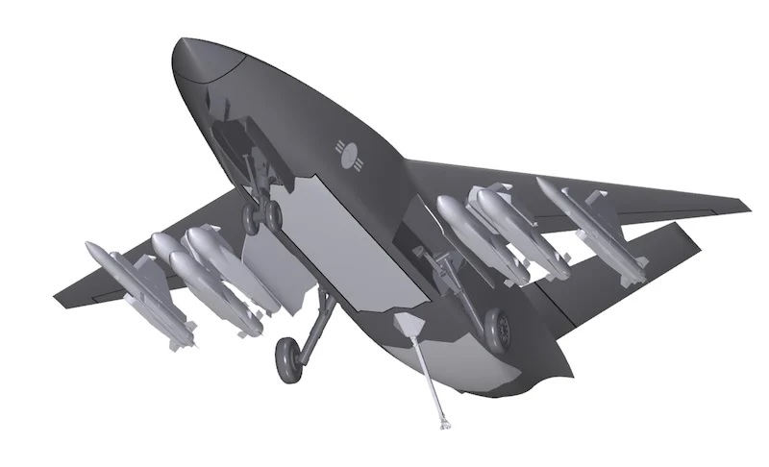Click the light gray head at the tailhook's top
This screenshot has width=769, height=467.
[409, 323]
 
